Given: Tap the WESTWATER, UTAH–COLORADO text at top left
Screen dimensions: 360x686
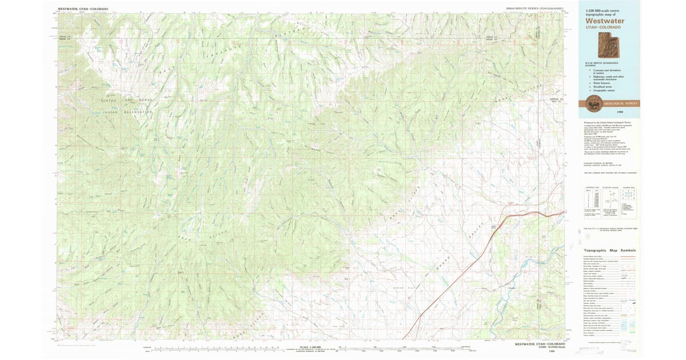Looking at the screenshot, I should pyautogui.click(x=83, y=10).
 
